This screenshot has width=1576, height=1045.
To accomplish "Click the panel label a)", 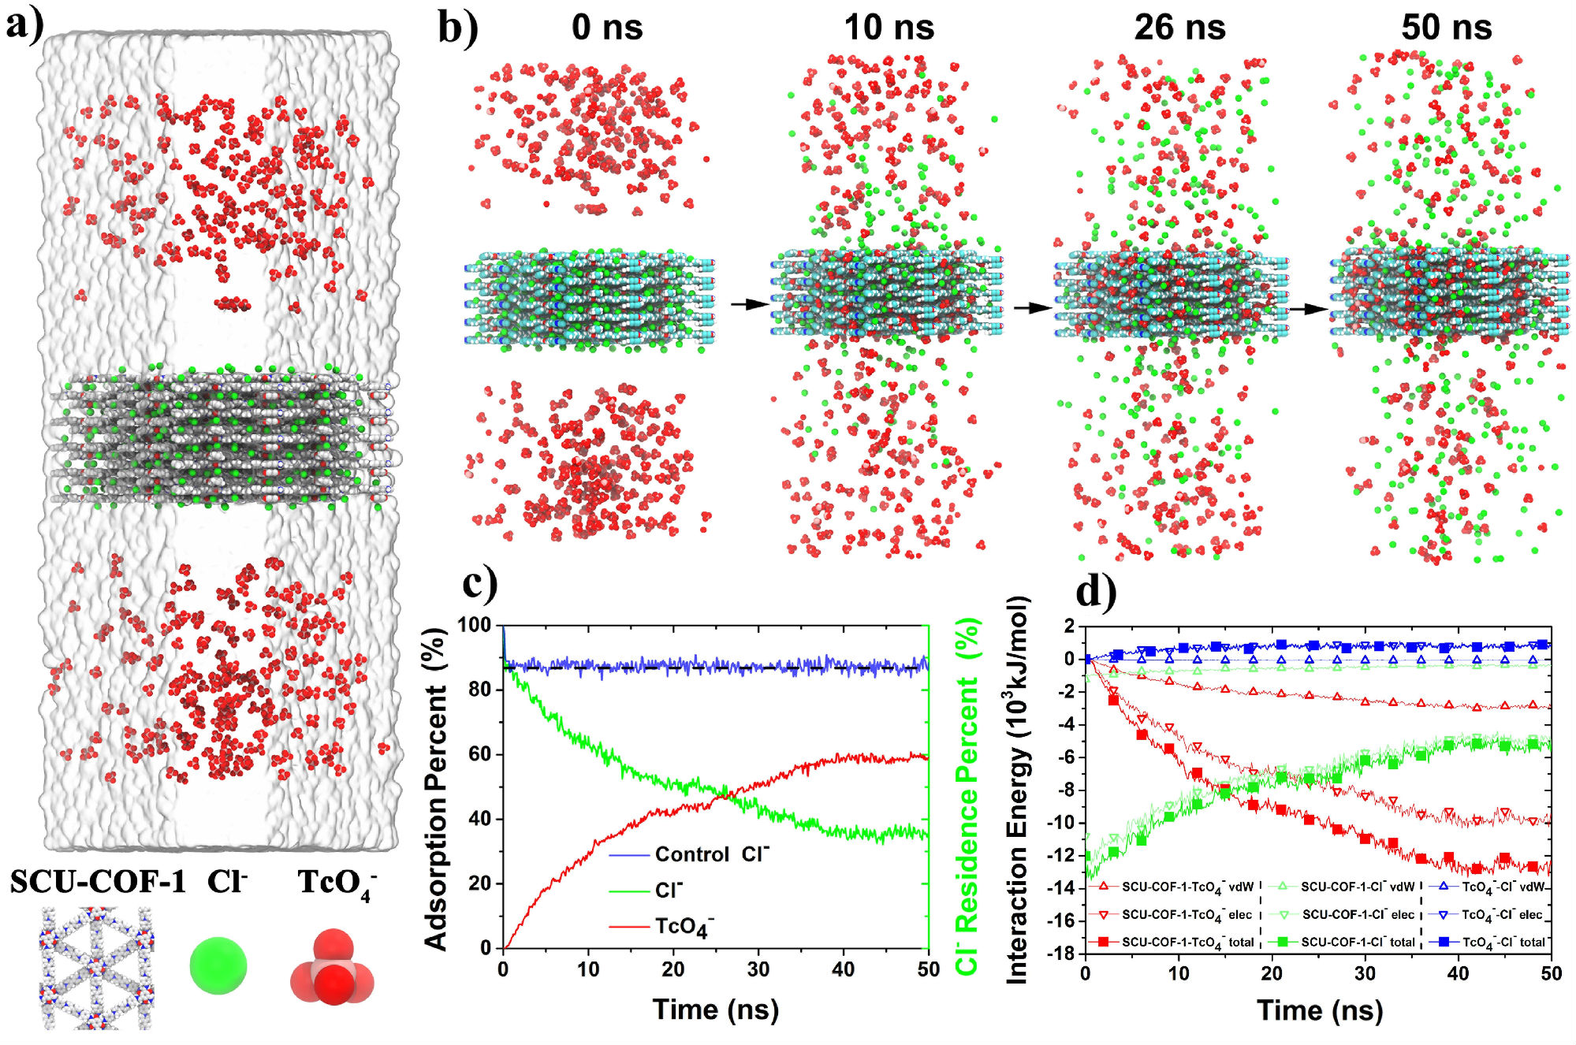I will tap(24, 25).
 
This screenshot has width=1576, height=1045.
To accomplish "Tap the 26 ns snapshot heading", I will tap(1179, 28).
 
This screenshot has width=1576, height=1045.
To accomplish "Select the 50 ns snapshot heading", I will tap(1446, 28).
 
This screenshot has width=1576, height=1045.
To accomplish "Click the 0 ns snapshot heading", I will tap(607, 28).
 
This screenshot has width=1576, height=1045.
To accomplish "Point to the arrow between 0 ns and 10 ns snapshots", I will tap(748, 303).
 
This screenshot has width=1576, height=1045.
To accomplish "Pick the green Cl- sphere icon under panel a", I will tap(218, 965).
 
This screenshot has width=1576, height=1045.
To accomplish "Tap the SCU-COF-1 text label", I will tap(98, 882).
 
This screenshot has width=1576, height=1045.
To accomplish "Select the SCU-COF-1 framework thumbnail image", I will tap(97, 968).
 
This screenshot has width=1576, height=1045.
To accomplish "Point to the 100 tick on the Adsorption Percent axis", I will tap(475, 625).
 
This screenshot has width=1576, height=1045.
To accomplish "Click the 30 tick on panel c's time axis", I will tap(758, 969).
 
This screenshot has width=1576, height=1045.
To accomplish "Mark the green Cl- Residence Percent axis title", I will tap(967, 796).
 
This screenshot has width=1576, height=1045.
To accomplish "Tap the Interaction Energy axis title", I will tap(1018, 788).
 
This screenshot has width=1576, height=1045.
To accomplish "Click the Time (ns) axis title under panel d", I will tap(1320, 1010).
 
